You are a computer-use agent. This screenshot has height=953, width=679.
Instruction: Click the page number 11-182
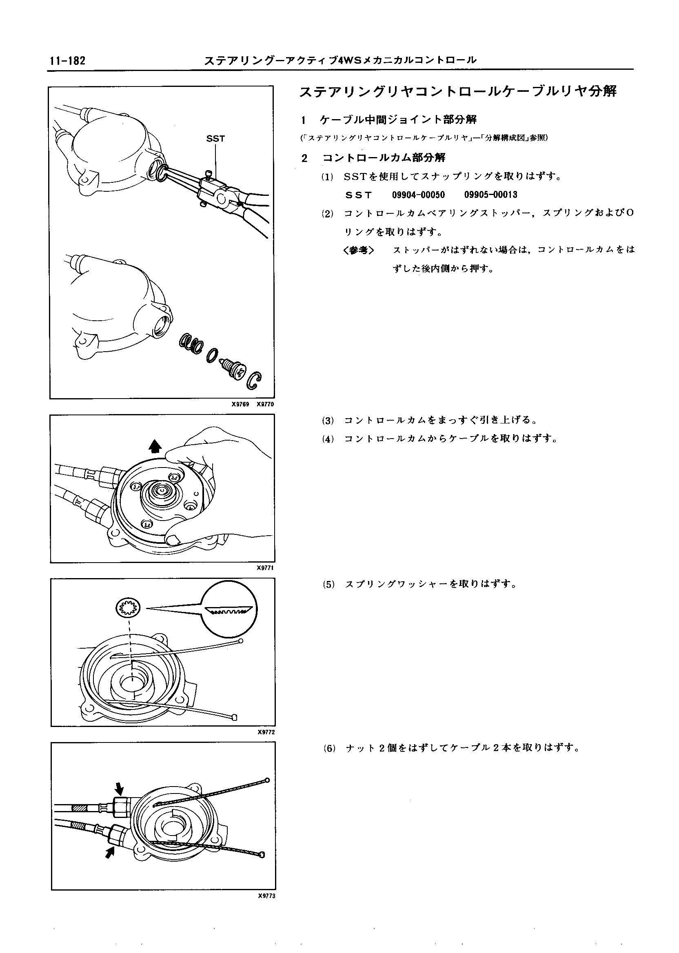[67, 61]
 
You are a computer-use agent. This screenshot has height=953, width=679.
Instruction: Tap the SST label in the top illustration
[215, 139]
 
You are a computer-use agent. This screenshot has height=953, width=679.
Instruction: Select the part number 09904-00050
[418, 195]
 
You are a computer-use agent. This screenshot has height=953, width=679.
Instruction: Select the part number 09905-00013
[490, 195]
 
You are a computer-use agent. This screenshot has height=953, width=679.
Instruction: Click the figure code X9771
[266, 567]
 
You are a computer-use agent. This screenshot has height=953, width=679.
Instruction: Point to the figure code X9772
[266, 732]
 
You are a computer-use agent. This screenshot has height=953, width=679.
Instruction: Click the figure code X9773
[267, 896]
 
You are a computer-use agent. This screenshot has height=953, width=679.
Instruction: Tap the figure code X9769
[240, 404]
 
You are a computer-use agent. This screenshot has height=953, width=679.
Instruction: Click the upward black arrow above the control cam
[155, 446]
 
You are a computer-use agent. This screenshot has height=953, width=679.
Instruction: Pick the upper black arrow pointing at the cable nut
[120, 787]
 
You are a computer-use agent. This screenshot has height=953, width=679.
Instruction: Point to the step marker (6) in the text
[329, 749]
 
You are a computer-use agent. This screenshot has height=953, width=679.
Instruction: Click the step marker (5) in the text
[328, 585]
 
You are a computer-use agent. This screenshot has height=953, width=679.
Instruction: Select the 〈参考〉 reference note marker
[358, 250]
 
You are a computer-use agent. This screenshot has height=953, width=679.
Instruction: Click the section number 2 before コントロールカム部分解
[304, 158]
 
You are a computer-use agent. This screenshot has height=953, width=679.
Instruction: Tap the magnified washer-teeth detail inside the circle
[229, 610]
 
